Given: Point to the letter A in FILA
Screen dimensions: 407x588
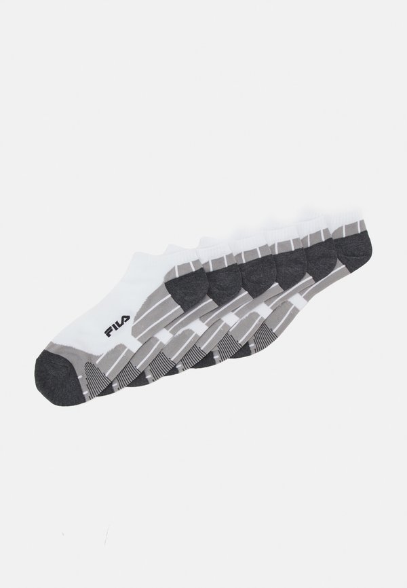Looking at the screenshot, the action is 126,319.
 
